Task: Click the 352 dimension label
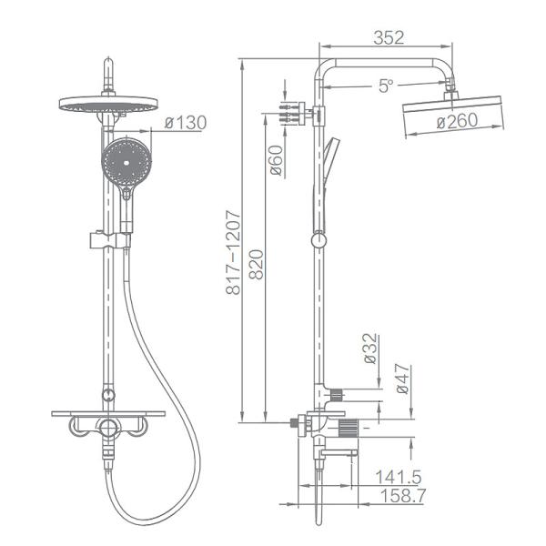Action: (x=389, y=37)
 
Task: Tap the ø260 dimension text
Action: (x=457, y=121)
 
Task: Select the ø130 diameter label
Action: (x=186, y=123)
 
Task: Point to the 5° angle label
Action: (x=386, y=86)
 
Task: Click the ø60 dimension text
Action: (x=277, y=160)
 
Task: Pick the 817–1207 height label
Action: (x=233, y=252)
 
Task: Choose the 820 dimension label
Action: (x=257, y=264)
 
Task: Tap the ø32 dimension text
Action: (x=369, y=349)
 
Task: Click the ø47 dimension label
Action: (x=402, y=379)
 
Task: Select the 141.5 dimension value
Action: (x=399, y=477)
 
